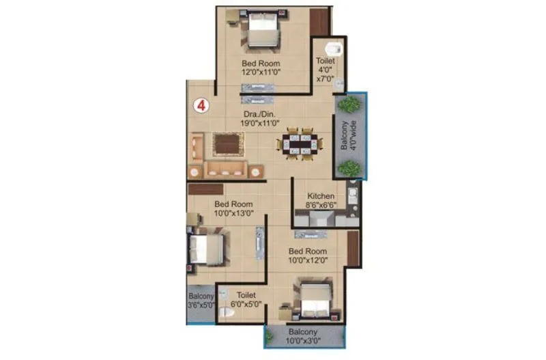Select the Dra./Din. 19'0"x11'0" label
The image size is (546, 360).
click(x=260, y=118)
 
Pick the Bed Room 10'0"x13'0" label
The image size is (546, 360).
click(x=233, y=208)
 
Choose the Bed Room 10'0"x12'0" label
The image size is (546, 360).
click(x=308, y=255)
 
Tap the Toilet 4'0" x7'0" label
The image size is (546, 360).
click(x=325, y=69)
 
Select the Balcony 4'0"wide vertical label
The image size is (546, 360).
click(x=348, y=136)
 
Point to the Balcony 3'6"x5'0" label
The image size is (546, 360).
click(x=201, y=301)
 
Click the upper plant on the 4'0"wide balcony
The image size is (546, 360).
click(x=349, y=104)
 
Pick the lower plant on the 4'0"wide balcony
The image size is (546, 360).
click(x=349, y=167)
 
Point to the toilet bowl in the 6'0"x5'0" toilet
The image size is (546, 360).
click(x=229, y=313)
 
